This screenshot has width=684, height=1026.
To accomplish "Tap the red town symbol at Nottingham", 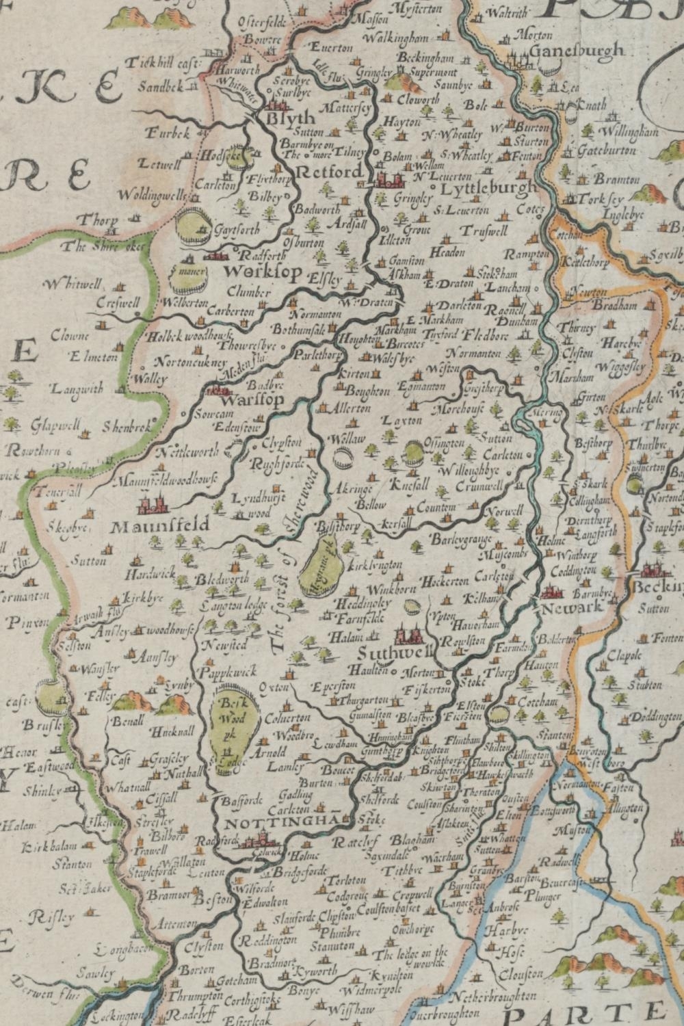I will (x=259, y=839).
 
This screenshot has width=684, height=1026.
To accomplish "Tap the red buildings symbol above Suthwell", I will (x=409, y=635).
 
